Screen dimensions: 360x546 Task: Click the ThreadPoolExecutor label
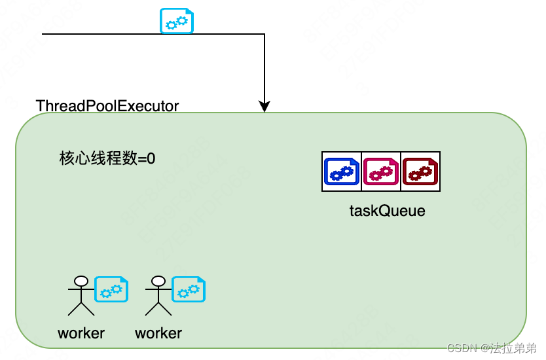coord(107,106)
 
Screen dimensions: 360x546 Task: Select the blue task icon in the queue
coord(342,171)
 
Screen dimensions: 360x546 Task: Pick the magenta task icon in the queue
coord(380,171)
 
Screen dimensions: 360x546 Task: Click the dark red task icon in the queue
coord(420,171)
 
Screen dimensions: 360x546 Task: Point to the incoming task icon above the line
coord(177,21)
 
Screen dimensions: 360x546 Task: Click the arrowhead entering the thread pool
coord(264,107)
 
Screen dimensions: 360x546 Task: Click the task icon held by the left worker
coord(111,289)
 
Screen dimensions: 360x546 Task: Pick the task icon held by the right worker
coord(189,289)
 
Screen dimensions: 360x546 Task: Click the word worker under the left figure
coord(81,333)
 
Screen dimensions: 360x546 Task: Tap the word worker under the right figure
coord(158,333)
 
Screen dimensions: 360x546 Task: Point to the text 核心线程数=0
coord(107,158)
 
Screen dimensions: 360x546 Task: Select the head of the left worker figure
coord(81,281)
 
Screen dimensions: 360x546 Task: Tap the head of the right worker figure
coord(158,281)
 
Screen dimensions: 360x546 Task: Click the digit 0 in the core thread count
coord(151,158)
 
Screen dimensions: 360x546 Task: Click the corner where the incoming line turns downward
coord(264,33)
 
